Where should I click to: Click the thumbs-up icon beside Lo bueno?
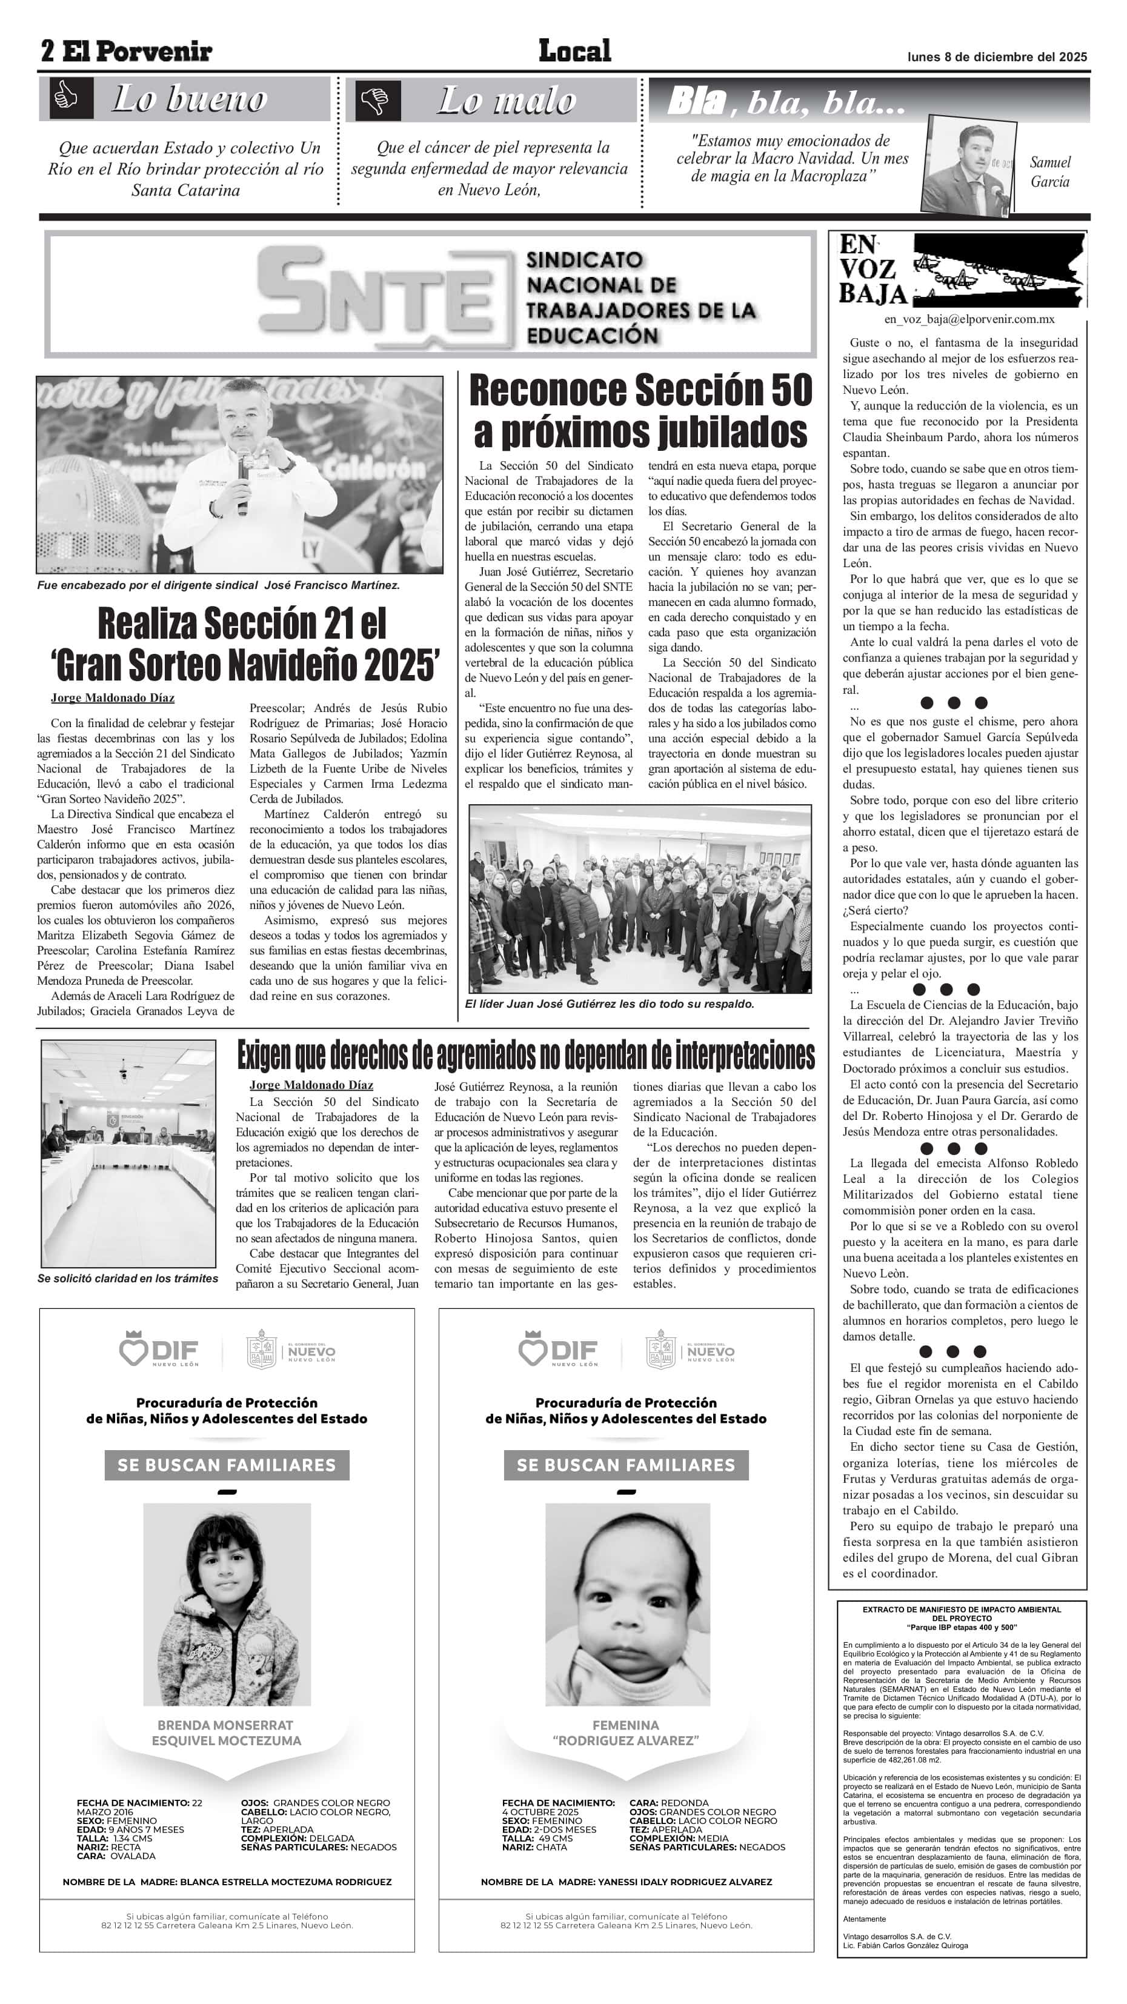[66, 99]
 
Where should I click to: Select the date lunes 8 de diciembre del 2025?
[997, 57]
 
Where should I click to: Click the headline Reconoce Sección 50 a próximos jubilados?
[641, 411]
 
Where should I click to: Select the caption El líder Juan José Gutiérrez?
[609, 1004]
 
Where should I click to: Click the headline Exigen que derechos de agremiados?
[526, 1055]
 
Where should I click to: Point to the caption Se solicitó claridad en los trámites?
[128, 1278]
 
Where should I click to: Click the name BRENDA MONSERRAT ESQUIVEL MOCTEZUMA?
[227, 1733]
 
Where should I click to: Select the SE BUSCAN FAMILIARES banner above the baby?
[625, 1465]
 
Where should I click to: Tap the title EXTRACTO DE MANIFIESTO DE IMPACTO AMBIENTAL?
[962, 1609]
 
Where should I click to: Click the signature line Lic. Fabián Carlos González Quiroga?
[905, 1946]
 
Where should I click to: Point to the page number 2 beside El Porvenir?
[47, 52]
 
